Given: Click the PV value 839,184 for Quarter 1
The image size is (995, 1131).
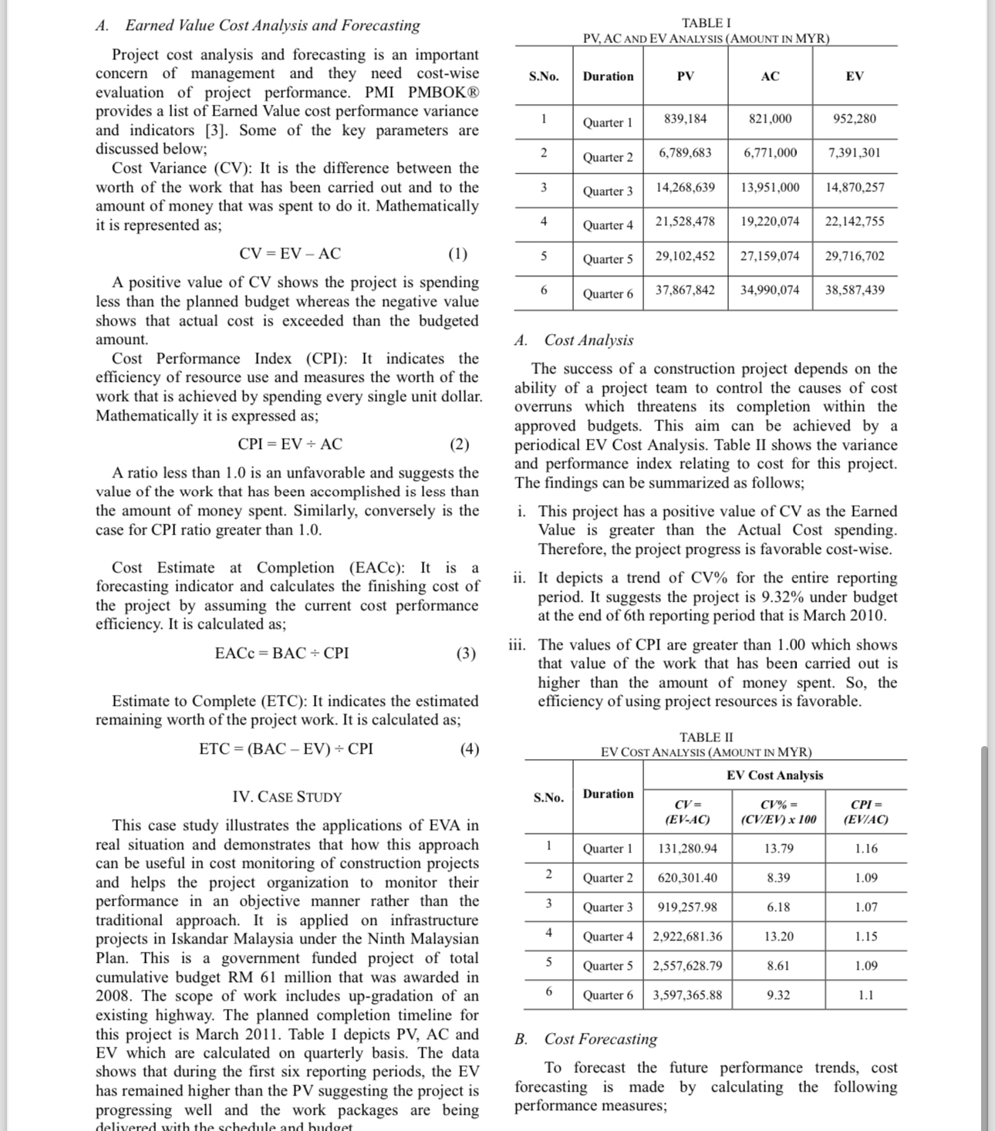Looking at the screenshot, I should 685,119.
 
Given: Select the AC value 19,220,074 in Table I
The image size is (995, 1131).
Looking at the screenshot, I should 770,221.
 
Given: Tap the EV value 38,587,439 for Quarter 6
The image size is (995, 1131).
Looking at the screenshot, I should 855,290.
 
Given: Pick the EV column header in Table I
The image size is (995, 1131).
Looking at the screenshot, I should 855,76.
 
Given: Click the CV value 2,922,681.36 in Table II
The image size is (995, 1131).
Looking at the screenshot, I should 687,937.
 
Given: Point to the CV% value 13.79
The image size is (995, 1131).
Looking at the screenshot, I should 778,849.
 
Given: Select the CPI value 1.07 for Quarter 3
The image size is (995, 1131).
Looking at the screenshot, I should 866,908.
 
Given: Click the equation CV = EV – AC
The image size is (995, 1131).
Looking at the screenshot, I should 290,254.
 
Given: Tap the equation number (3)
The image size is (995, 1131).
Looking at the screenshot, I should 466,653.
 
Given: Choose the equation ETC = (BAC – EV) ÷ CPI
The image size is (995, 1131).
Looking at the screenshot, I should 286,749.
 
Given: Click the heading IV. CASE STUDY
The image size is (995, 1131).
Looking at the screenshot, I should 287,797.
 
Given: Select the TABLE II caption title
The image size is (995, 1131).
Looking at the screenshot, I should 707,738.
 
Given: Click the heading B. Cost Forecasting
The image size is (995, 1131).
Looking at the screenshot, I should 586,1039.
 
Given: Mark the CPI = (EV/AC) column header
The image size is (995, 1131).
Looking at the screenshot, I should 866,812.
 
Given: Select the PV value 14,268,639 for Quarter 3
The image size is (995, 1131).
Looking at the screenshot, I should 685,187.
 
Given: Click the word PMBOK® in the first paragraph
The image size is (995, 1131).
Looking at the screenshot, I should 444,93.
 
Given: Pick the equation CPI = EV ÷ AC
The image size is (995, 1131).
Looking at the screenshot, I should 290,444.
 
